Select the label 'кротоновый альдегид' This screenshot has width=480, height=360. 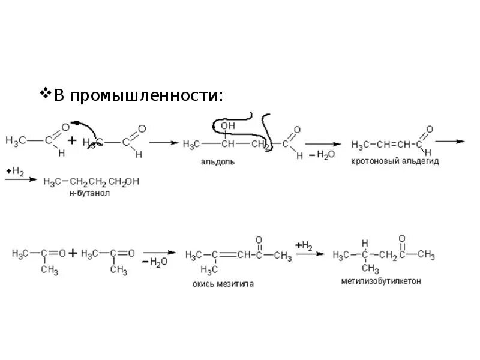pyautogui.click(x=395, y=161)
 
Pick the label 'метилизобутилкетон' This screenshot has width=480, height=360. pyautogui.click(x=380, y=281)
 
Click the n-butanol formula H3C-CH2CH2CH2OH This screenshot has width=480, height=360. pyautogui.click(x=91, y=181)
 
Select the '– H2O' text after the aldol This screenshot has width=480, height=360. pyautogui.click(x=318, y=155)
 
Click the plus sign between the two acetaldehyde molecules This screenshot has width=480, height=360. pyautogui.click(x=71, y=142)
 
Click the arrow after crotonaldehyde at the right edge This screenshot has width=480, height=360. pyautogui.click(x=449, y=142)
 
